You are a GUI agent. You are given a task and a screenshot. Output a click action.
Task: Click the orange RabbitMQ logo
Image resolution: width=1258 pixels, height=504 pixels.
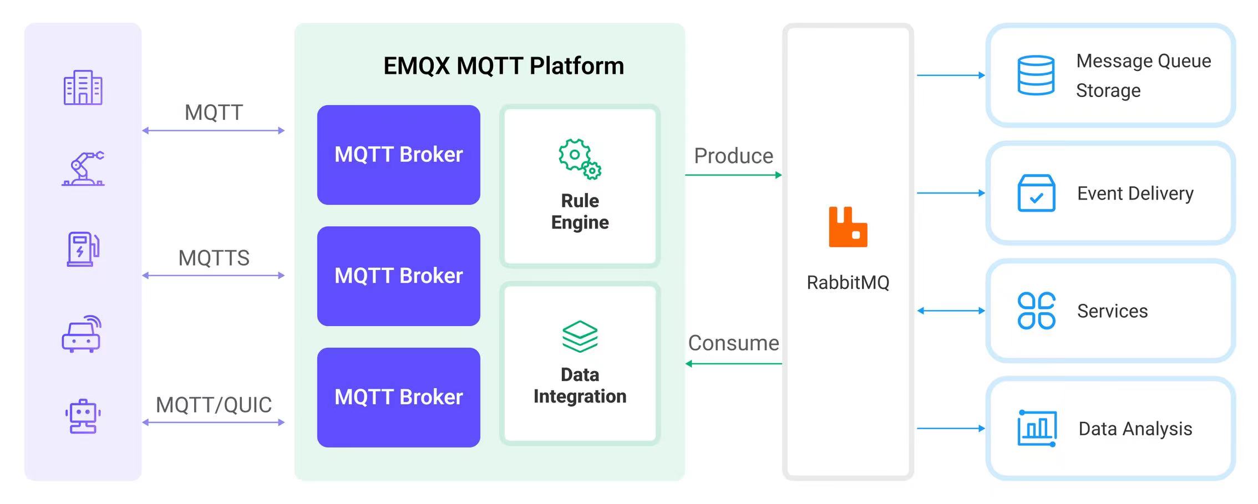[x=848, y=227]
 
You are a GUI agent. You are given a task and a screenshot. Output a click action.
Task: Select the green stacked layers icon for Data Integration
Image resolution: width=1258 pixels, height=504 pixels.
[x=580, y=337]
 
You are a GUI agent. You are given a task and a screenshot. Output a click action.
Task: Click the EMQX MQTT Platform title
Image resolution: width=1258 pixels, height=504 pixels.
[x=504, y=66]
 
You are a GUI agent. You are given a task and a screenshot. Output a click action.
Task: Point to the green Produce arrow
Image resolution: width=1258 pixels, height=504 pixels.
[x=733, y=175]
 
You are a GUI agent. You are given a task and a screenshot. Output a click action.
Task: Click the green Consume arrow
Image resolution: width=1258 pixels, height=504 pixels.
[x=733, y=364]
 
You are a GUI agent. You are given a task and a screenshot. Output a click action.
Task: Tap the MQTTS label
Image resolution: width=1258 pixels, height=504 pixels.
[x=214, y=258]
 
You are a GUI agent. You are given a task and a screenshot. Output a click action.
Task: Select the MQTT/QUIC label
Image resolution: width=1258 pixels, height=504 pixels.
[x=214, y=405]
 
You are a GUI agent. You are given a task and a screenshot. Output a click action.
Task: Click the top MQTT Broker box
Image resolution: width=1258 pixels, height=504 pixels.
[x=398, y=155]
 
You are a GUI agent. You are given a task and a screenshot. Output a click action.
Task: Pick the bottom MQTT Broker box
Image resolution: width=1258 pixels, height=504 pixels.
[x=398, y=397]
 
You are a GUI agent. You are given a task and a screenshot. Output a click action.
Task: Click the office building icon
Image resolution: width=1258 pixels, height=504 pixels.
[x=83, y=88]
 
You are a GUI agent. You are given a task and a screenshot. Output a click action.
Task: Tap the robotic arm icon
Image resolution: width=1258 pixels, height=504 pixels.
[x=83, y=168]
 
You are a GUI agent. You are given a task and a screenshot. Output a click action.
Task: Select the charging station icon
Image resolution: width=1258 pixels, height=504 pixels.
[x=83, y=249]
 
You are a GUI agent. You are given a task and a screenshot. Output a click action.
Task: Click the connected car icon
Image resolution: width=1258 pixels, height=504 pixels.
[x=82, y=334]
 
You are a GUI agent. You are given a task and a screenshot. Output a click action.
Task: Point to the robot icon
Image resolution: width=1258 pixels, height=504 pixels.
[x=83, y=416]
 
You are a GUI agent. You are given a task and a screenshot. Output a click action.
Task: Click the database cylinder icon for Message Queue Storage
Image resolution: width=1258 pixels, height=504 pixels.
[x=1036, y=75]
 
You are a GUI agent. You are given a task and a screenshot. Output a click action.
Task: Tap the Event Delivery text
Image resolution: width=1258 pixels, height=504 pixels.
[x=1135, y=194]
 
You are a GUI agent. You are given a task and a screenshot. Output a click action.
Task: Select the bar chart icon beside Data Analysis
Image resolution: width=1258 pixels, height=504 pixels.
[x=1036, y=428]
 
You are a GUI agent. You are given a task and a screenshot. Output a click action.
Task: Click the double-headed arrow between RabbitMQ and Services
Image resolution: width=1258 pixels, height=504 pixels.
[x=951, y=311]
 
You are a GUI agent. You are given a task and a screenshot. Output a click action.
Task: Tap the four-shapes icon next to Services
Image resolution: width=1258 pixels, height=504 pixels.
[x=1036, y=311]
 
